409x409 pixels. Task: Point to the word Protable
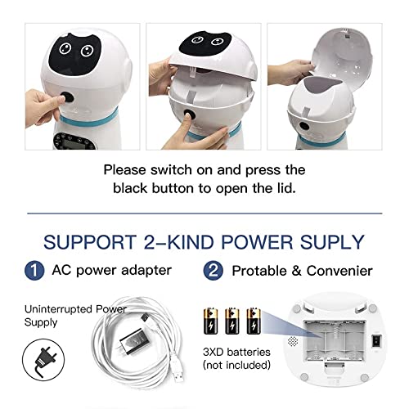point(269,270)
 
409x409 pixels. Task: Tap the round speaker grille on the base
point(295,336)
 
